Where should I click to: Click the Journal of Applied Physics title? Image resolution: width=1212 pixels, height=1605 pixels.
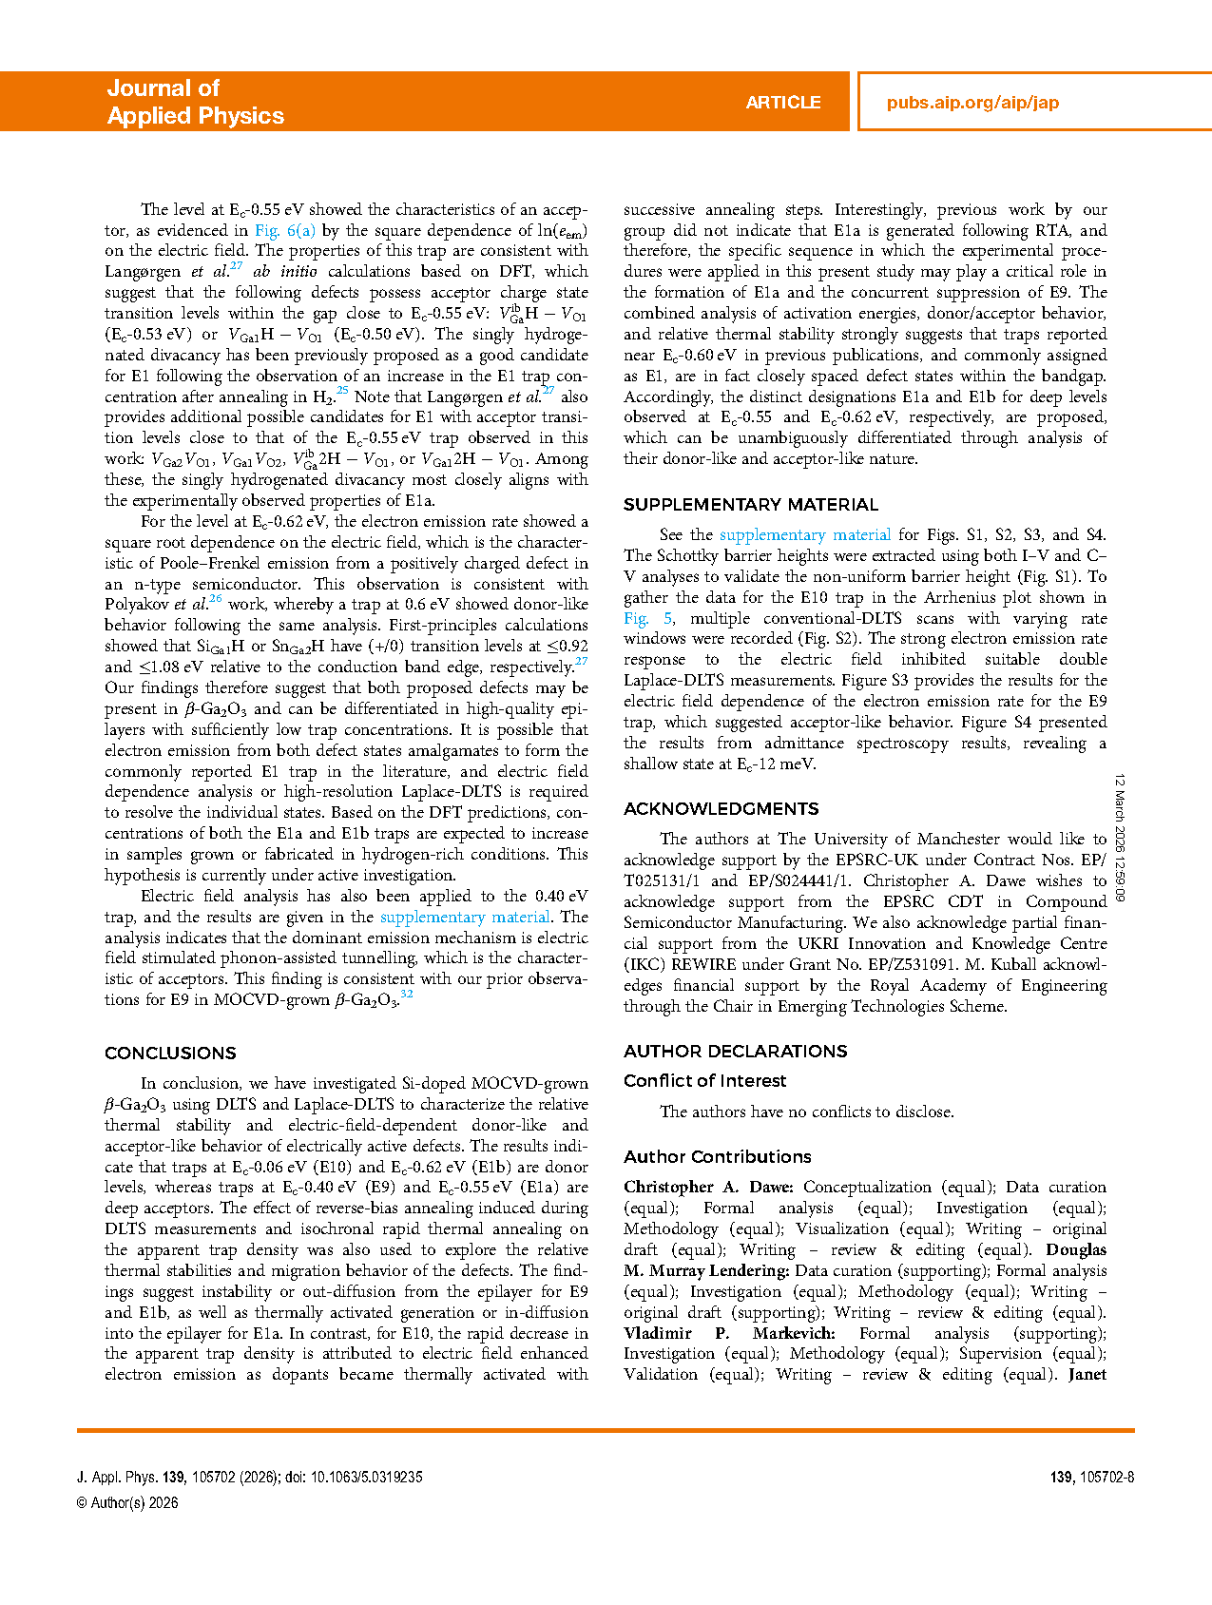point(195,102)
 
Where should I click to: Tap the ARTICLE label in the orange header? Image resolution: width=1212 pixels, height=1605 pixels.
point(782,103)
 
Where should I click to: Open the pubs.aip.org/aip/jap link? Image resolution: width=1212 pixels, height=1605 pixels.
point(972,103)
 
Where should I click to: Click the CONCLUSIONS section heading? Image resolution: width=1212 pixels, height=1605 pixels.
point(170,1053)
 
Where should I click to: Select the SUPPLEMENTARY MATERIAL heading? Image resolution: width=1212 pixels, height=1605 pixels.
point(750,504)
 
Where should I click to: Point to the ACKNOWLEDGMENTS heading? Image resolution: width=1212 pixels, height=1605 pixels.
point(721,808)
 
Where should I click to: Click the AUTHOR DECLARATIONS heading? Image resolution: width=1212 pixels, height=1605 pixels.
point(735,1051)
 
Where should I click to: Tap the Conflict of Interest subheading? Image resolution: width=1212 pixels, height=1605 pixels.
point(704,1080)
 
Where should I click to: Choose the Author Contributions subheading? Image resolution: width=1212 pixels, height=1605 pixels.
point(717,1156)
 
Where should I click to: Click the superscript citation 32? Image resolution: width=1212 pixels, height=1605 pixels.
point(406,994)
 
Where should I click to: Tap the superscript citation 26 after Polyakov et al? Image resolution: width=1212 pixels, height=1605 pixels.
point(216,598)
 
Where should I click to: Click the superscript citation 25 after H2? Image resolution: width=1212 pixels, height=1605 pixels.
point(342,390)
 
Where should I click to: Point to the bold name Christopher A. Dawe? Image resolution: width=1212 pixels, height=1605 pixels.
point(708,1187)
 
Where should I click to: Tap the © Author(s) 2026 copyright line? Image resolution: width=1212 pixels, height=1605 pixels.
point(127,1502)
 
